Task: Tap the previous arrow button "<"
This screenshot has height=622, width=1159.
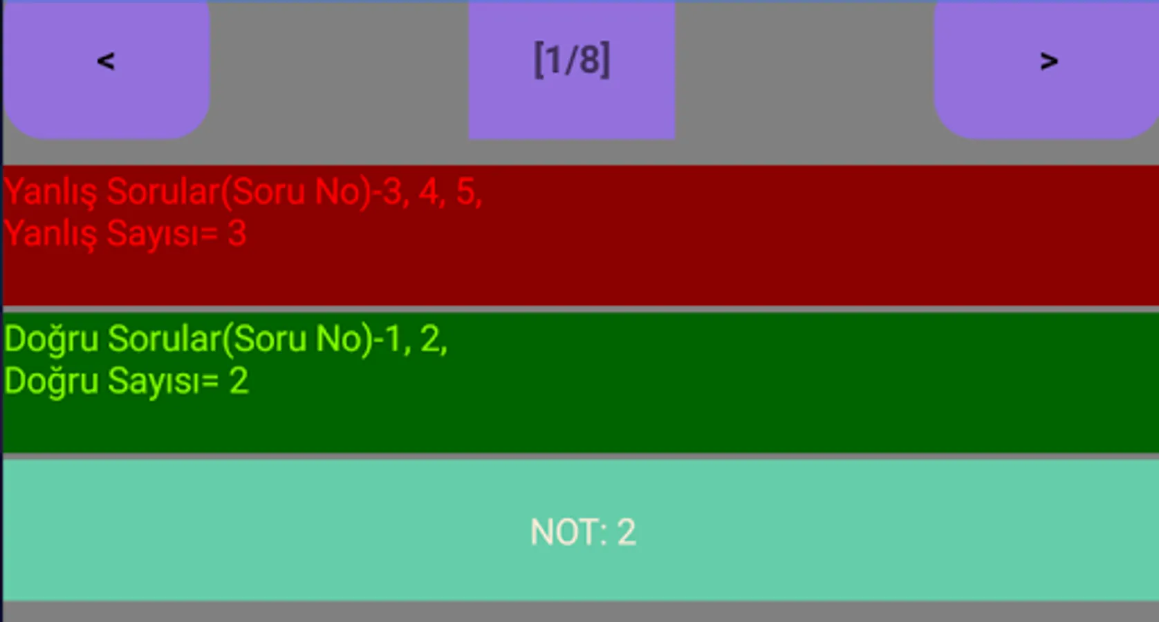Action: click(106, 62)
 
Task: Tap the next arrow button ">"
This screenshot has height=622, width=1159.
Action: click(1048, 62)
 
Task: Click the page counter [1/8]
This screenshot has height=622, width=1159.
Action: click(572, 60)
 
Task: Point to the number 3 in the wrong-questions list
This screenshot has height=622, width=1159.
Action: click(392, 191)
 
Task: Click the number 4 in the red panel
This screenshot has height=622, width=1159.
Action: click(429, 191)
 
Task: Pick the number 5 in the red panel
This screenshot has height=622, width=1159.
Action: click(466, 191)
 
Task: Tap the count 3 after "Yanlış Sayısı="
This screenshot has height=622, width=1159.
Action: click(237, 234)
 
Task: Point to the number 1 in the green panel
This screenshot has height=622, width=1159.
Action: click(393, 339)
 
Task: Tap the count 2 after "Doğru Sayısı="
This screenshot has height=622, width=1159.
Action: click(239, 381)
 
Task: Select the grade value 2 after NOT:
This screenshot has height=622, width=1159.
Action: click(626, 532)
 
